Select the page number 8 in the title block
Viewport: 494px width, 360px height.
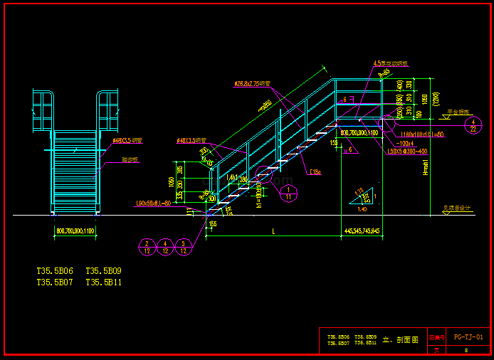tap(466, 350)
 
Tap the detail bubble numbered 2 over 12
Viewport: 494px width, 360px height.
tap(147, 246)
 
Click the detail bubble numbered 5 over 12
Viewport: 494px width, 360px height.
tap(184, 246)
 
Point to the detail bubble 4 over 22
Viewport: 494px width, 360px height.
tap(473, 125)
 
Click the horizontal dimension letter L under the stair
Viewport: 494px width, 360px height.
tap(273, 231)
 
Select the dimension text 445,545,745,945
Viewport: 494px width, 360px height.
tap(362, 231)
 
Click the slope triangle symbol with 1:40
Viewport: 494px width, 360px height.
tap(363, 199)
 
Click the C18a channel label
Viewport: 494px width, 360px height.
tap(316, 171)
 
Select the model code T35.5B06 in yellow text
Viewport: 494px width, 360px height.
tap(55, 271)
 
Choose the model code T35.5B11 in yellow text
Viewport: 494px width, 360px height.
tap(104, 282)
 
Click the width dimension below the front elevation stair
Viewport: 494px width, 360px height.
tap(75, 231)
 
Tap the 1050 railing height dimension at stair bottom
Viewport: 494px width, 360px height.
tap(170, 181)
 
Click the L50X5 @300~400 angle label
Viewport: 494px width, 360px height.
tap(408, 151)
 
